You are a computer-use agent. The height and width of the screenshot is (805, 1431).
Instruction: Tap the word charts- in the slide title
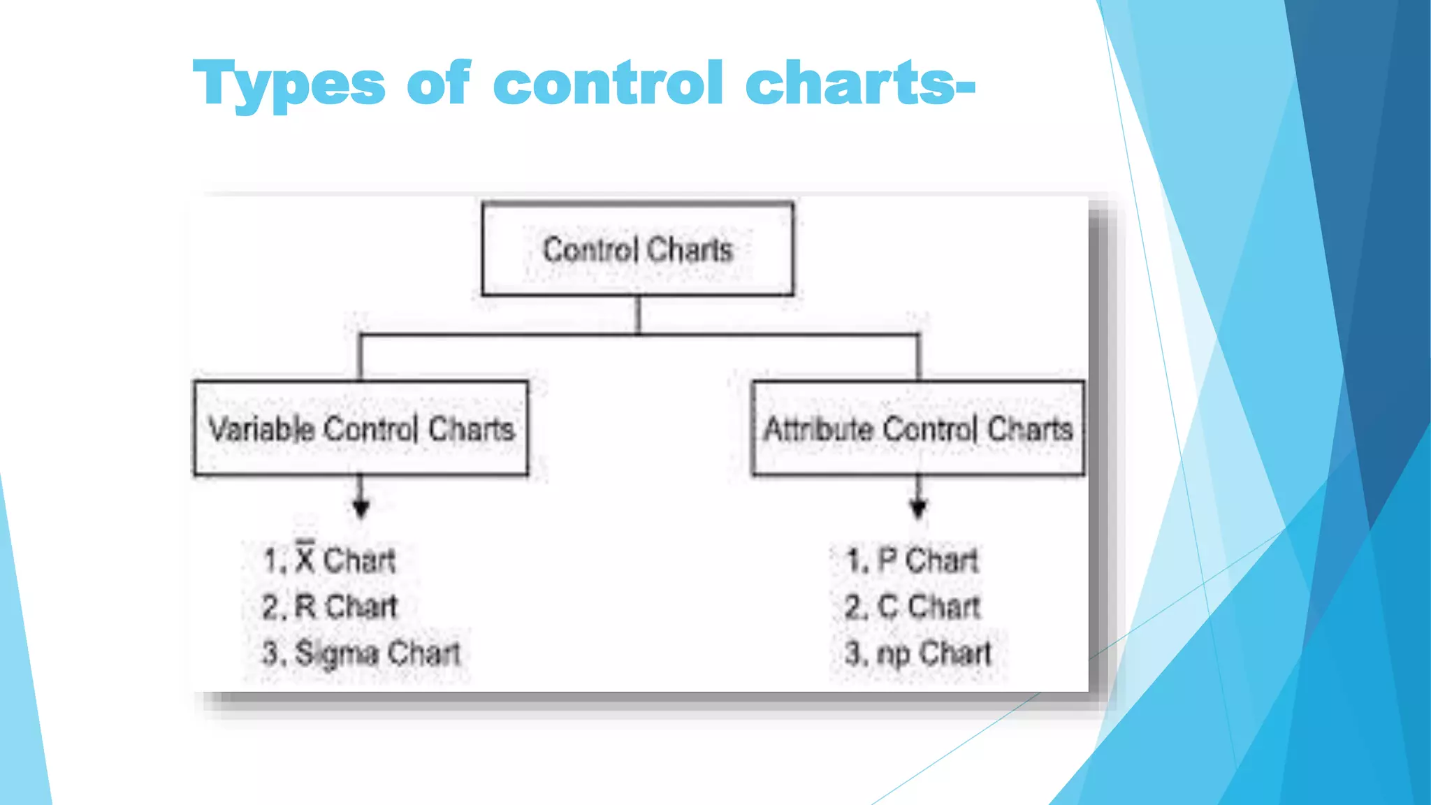[860, 83]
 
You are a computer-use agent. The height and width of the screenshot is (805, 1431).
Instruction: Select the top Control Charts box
[637, 249]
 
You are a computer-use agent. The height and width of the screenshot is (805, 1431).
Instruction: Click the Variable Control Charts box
[361, 428]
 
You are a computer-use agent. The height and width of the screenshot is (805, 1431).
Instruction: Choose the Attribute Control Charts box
[917, 428]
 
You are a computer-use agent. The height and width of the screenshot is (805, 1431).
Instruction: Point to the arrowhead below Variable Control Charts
[361, 508]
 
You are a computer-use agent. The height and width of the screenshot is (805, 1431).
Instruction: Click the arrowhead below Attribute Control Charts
[918, 508]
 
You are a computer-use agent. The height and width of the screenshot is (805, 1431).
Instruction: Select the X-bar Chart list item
[329, 560]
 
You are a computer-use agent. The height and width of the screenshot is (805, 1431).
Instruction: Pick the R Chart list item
[329, 607]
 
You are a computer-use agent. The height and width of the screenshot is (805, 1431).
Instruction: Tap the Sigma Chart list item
[361, 653]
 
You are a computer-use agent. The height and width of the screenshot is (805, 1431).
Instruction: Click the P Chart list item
[912, 560]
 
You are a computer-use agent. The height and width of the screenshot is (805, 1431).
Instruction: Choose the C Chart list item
[912, 607]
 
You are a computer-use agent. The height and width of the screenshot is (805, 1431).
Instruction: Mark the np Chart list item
[917, 653]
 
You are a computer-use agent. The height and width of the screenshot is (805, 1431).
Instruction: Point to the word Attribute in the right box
[818, 428]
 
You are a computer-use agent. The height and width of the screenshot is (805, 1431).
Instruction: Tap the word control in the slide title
[608, 83]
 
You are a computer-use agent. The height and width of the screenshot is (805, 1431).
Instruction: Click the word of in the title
[438, 83]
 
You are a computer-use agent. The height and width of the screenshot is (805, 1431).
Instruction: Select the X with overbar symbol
[305, 558]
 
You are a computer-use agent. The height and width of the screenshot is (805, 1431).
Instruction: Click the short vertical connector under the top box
[638, 315]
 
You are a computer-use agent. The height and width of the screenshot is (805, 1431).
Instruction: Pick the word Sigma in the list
[337, 653]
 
